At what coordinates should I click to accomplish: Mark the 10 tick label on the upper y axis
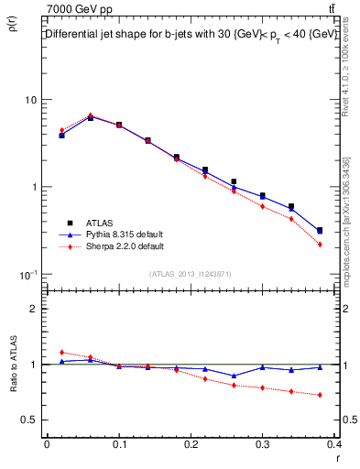pos(29,99)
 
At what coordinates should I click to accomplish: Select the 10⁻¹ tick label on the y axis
pos(27,274)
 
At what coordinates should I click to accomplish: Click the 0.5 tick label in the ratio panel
pos(29,420)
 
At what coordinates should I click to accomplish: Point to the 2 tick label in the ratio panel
pos(33,309)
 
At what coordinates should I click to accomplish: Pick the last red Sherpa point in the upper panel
pos(320,245)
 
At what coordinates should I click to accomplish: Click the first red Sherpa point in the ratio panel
pos(61,352)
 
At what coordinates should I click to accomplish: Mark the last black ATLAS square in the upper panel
pos(320,231)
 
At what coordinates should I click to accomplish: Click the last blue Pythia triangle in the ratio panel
pos(320,367)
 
